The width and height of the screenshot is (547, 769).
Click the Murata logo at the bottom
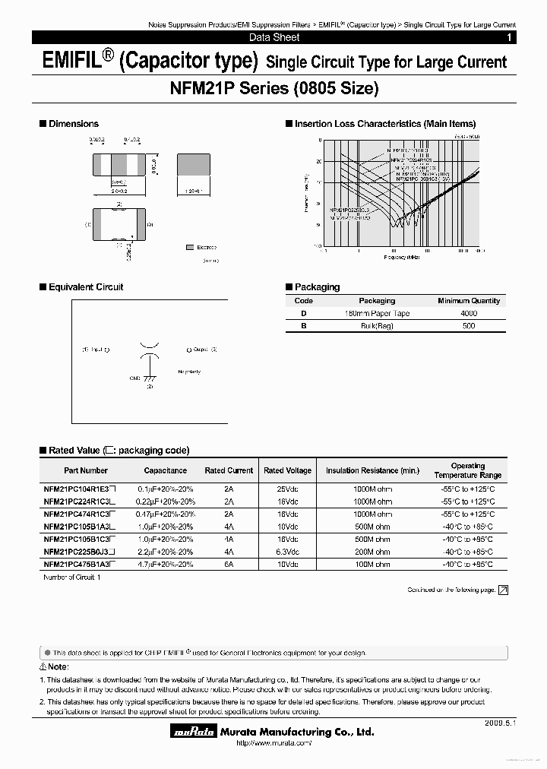[193, 733]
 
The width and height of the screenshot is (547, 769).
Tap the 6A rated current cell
[229, 565]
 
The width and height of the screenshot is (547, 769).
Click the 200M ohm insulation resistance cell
[372, 552]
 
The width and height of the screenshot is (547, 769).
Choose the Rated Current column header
[229, 470]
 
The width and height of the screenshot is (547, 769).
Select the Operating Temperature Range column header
[467, 470]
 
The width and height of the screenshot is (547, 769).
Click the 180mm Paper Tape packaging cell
[377, 313]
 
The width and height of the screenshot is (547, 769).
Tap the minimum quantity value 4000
[469, 313]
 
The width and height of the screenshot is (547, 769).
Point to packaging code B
[304, 326]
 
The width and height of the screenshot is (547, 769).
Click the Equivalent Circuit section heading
[85, 287]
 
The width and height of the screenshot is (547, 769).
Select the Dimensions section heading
[73, 124]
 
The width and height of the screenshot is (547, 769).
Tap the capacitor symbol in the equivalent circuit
[149, 350]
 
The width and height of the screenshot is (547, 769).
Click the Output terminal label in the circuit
[201, 350]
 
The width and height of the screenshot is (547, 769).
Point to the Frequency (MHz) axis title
[402, 257]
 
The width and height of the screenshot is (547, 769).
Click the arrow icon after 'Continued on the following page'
[503, 590]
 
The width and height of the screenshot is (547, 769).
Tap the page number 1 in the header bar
[508, 37]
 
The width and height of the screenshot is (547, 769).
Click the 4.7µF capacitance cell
[165, 565]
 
